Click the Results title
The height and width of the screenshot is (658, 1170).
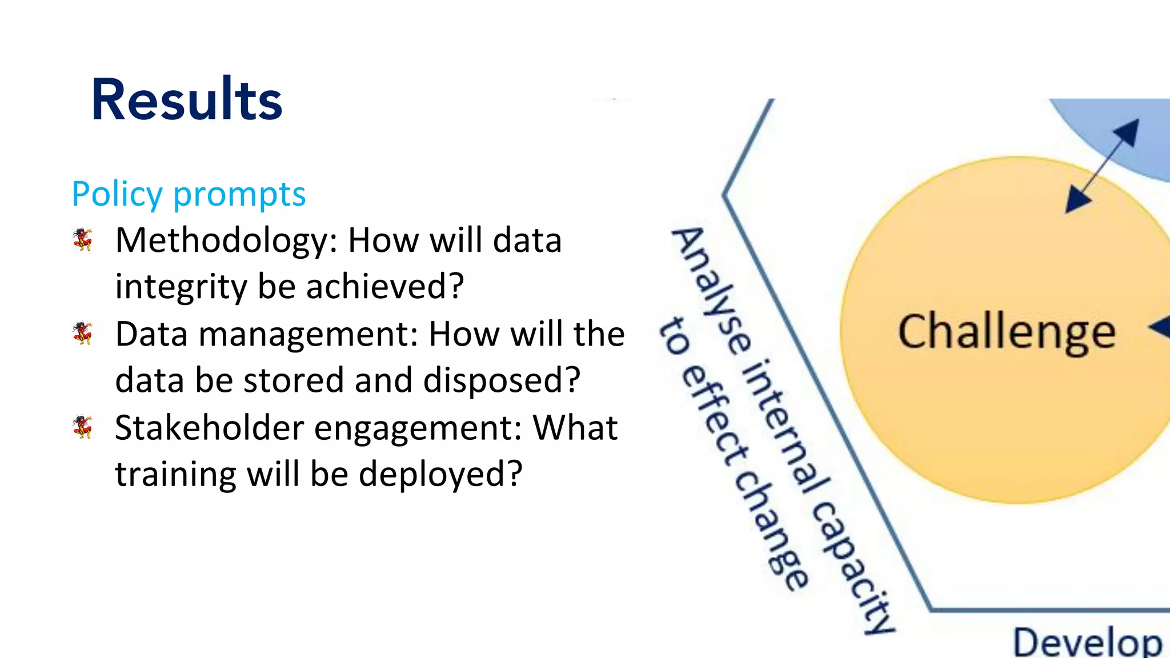pos(187,101)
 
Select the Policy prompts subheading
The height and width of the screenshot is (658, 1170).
pos(189,194)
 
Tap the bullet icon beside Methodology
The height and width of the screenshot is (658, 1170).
pos(83,239)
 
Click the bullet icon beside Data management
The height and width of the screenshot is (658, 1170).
pos(83,333)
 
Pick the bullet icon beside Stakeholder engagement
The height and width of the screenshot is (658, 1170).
pos(83,427)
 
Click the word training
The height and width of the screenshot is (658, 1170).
pos(176,475)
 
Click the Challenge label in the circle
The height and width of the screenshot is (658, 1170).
pos(1007,332)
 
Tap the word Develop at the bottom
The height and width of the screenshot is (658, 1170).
pos(1087,643)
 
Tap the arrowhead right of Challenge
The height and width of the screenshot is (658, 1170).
pos(1161,328)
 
